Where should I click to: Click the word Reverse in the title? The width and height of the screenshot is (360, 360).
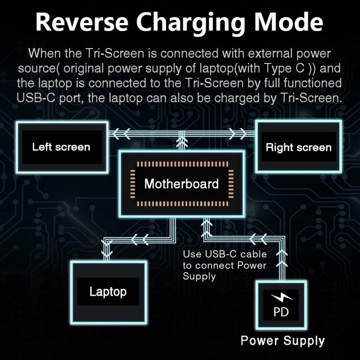pos(82,22)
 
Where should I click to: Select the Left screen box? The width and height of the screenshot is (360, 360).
pos(62,147)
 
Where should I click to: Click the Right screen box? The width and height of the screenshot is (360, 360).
pos(299,147)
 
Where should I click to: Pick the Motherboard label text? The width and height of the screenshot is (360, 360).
pos(181,184)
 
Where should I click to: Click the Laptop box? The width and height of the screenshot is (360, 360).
pos(108,292)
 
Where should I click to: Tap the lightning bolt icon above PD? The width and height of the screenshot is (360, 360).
pos(282,297)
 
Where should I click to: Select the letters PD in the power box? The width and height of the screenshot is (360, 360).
pos(281,312)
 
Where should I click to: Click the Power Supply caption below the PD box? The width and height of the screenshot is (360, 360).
pos(283,341)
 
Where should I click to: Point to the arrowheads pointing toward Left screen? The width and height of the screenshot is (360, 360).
pos(122,134)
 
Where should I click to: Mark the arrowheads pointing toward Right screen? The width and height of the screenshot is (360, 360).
pos(237,134)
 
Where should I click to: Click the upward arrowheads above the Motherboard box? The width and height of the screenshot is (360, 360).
pos(182,142)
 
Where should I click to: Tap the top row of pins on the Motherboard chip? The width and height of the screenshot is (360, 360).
pos(183,164)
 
